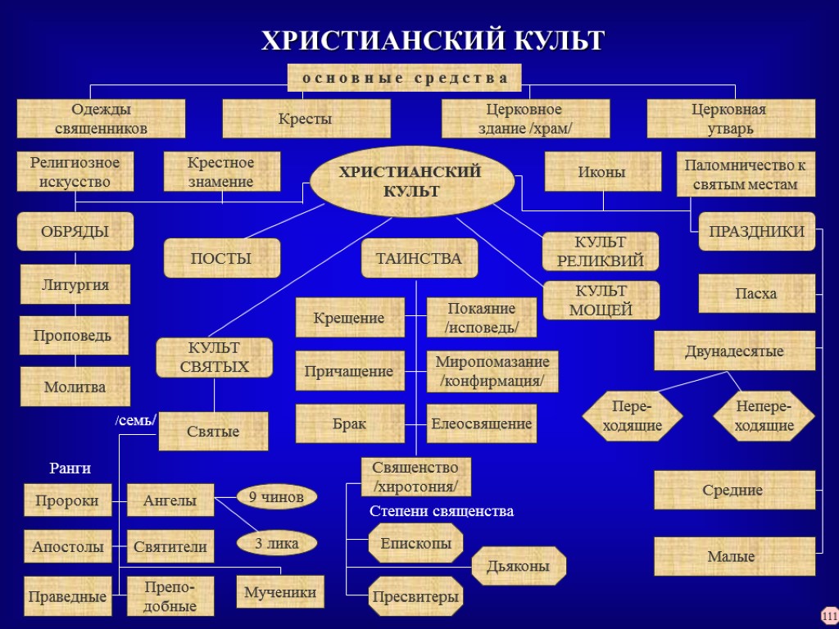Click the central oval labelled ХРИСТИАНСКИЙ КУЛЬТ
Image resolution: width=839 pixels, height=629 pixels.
point(410,181)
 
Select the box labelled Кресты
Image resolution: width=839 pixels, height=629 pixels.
point(306,119)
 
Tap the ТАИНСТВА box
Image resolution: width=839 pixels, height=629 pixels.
point(419,258)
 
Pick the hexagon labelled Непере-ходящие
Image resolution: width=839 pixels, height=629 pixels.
point(764,416)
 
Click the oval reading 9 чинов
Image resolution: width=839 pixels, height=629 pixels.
point(276,496)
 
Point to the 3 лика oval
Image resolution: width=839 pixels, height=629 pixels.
point(276,542)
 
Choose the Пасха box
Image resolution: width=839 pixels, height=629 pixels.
point(756,293)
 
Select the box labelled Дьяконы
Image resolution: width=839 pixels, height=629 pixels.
point(519,566)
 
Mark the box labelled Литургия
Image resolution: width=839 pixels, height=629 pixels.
point(75,285)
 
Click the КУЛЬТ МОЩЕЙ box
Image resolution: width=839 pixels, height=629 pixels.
point(601,300)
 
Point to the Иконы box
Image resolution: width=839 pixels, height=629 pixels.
point(603,172)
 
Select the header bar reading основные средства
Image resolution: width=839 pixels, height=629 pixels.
point(404,78)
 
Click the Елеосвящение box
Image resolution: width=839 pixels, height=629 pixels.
point(482,423)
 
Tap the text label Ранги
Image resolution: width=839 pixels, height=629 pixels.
point(70,468)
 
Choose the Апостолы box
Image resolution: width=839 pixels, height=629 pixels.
point(68,546)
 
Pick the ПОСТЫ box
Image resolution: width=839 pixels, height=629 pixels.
point(221,258)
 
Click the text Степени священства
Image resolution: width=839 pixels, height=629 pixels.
point(441,511)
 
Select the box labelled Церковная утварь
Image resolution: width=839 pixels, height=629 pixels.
point(731,119)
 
